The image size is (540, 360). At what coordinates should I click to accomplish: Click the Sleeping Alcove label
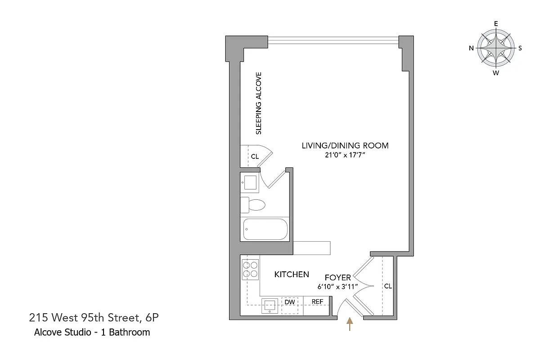pyautogui.click(x=259, y=103)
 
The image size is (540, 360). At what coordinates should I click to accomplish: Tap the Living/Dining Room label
pyautogui.click(x=345, y=145)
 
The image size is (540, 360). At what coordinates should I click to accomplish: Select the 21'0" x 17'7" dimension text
pyautogui.click(x=345, y=156)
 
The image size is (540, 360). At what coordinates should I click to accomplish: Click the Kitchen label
pyautogui.click(x=292, y=274)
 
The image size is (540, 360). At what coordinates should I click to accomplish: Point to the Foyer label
pyautogui.click(x=337, y=278)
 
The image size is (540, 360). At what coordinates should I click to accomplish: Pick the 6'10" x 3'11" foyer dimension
pyautogui.click(x=337, y=287)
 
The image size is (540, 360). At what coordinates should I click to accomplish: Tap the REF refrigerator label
pyautogui.click(x=318, y=301)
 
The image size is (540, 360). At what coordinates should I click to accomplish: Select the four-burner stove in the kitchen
pyautogui.click(x=250, y=269)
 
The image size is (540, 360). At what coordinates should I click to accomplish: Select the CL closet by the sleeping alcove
pyautogui.click(x=254, y=157)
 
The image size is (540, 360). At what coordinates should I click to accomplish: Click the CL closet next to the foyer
pyautogui.click(x=388, y=285)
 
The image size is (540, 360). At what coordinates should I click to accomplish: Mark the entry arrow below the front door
pyautogui.click(x=349, y=324)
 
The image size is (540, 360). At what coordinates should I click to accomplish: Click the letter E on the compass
pyautogui.click(x=496, y=23)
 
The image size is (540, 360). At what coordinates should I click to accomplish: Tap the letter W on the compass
pyautogui.click(x=496, y=72)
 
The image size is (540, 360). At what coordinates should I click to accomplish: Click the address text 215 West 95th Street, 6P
pyautogui.click(x=94, y=318)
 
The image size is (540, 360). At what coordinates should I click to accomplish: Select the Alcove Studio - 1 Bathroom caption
pyautogui.click(x=92, y=333)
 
